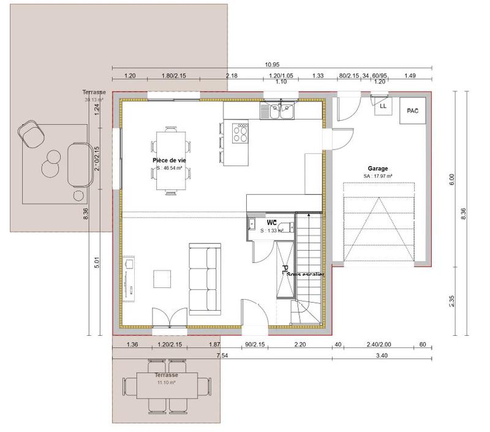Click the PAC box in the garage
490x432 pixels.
pos(412,111)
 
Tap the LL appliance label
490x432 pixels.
pos(383,106)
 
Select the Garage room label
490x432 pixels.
pos(378,168)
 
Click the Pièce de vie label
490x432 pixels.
pos(169,160)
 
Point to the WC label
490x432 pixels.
pos(272,222)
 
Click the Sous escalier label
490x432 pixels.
pos(305,274)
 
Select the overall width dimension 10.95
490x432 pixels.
pos(272,64)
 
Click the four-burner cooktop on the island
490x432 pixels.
pos(241,133)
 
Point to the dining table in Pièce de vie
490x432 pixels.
pos(169,161)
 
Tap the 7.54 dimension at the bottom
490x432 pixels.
pos(219,355)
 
